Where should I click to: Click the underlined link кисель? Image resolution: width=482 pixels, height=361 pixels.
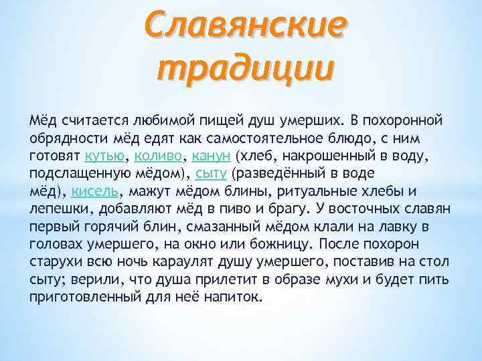point(95,191)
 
